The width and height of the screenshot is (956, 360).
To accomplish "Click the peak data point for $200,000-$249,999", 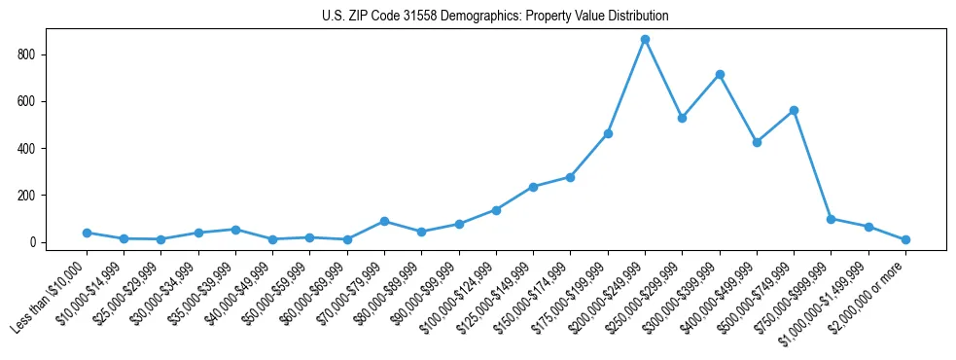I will coord(645,40).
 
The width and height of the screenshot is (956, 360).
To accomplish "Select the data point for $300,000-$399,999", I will coord(720,75).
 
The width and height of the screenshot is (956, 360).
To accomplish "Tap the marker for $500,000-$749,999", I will coord(794,111).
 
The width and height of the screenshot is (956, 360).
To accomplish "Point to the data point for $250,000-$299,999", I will coord(682,118).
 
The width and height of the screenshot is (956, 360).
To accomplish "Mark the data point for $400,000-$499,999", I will coord(757,142).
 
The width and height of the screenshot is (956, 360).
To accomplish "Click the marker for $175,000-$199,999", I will coord(608,133).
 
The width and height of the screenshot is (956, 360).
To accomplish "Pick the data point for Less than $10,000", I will coord(87,234).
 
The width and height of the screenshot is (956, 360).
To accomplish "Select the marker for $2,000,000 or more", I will coord(905,239).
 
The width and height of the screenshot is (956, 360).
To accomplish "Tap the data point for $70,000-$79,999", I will coord(384,222).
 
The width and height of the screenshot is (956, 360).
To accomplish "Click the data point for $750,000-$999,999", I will coord(831,219).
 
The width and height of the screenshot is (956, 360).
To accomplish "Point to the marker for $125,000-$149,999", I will coord(533,187).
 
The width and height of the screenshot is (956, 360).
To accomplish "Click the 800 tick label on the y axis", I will coord(28,54).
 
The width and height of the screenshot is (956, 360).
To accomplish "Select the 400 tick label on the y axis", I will coord(28,149).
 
